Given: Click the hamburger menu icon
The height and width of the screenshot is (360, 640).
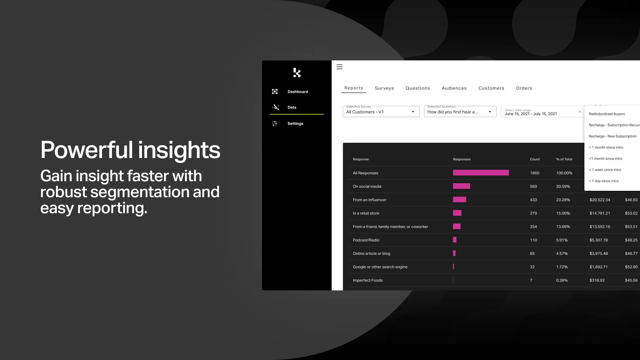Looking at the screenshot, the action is coord(340,67).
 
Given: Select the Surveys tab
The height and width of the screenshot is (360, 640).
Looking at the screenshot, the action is coord(384,88).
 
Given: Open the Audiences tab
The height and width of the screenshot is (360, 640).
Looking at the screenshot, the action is coord(454,88).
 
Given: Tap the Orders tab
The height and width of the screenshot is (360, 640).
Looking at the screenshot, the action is coord(524,88).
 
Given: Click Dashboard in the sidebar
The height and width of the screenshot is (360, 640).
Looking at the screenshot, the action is coord(298,92).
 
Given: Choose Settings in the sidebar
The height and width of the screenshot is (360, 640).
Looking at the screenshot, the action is coord(296,124).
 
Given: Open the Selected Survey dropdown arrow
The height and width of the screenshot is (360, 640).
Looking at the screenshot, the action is coord(413,112).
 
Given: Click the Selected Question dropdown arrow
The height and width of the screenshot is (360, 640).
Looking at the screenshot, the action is coord(490,112).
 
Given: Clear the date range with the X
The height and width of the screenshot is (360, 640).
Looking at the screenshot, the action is coord(580,112).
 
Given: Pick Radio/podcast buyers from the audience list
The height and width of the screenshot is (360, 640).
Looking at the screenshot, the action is coord(606,114).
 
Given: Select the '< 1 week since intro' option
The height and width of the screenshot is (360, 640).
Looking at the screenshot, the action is coord(605,170).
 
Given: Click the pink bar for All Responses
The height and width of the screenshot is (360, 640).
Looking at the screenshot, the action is coord(480,173).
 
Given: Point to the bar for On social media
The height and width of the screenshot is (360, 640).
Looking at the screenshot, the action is coord(462,186).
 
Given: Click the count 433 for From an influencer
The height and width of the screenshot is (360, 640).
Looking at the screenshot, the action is coord(533,200).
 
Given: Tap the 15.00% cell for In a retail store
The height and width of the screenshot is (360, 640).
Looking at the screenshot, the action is coord(563,214).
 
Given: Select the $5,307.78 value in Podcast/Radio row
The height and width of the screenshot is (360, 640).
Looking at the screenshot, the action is coord(598,240).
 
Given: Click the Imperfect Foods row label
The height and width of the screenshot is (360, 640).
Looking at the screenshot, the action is coord(368,280).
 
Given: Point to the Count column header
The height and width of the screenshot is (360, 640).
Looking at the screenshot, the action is coord(534,160).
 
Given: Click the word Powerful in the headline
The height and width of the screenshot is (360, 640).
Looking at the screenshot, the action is coord(86,150).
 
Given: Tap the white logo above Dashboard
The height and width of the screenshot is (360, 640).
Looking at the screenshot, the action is coord(297,72).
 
